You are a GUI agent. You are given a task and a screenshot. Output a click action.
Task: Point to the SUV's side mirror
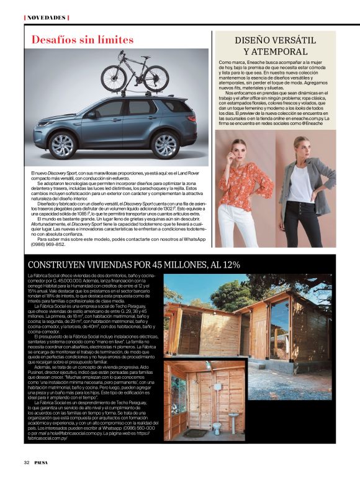pos(91,115)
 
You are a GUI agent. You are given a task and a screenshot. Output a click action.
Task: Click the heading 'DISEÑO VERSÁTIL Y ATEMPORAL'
pos(276,45)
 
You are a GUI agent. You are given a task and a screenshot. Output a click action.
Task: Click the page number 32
pos(27,462)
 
